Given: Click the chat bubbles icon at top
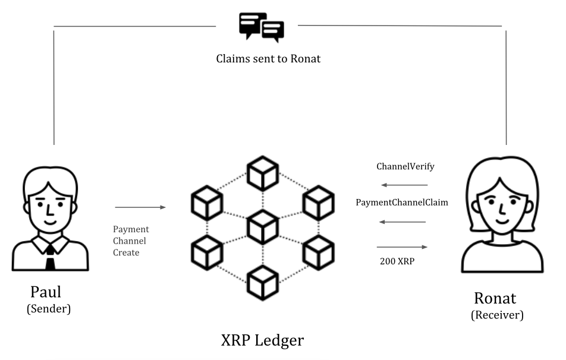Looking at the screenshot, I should click(x=261, y=26).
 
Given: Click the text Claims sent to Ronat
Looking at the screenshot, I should click(x=268, y=59).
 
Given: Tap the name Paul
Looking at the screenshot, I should click(x=46, y=292).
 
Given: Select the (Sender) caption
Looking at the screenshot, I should click(x=49, y=309).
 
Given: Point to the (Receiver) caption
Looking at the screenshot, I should click(x=497, y=315).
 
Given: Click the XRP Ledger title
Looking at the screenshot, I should click(x=262, y=340).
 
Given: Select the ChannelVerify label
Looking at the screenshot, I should click(x=405, y=166).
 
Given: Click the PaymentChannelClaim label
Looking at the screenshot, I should click(x=402, y=203).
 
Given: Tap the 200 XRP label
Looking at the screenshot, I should click(x=397, y=260).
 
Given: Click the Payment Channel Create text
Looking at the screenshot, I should click(x=131, y=241).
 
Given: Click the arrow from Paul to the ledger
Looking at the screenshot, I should click(x=140, y=207).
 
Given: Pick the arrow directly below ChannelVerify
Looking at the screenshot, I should click(x=404, y=185).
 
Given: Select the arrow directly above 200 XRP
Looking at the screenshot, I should click(x=403, y=247).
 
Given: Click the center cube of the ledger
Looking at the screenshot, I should click(x=262, y=226).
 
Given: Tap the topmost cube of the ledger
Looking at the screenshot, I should click(x=262, y=173).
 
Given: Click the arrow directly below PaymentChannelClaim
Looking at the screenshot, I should click(x=403, y=222).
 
